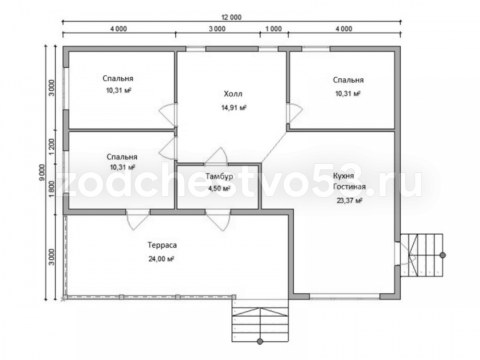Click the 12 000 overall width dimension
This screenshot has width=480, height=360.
tap(231, 17)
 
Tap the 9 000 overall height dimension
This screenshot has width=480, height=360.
tap(42, 173)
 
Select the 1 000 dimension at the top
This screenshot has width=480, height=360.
tap(274, 29)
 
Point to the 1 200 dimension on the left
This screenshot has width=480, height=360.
tap(51, 146)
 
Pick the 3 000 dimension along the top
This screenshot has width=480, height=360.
tap(217, 29)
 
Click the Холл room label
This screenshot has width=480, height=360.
tap(233, 94)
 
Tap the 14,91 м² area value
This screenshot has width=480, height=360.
tap(234, 108)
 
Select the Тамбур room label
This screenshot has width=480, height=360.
tap(219, 176)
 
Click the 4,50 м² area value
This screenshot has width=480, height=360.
tap(219, 188)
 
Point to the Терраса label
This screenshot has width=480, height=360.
tap(162, 245)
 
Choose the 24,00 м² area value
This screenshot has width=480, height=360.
tap(161, 259)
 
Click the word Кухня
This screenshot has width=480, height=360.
tap(344, 176)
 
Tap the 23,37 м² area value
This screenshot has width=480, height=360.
tap(349, 201)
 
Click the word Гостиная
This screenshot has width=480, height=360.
tap(349, 187)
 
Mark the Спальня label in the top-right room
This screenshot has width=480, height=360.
tap(348, 80)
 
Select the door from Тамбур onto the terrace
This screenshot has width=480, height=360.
tap(218, 220)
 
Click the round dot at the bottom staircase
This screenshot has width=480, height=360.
tap(260, 341)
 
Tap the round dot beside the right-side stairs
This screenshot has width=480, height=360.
tap(443, 255)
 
